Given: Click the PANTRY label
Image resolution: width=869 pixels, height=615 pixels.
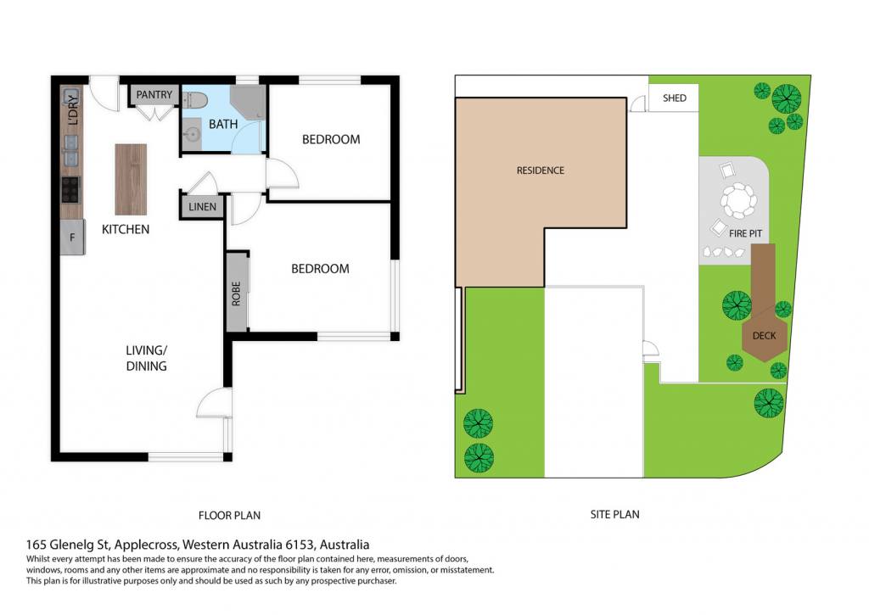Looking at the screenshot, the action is pyautogui.click(x=154, y=95).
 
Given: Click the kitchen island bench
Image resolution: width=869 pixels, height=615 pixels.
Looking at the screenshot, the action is pyautogui.click(x=131, y=180).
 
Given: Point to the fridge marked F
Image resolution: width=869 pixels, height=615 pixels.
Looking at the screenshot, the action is pyautogui.click(x=72, y=238).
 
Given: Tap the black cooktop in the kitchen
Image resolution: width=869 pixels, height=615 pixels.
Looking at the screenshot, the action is pyautogui.click(x=70, y=190).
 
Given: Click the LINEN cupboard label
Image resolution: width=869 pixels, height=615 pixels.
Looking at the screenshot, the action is pyautogui.click(x=202, y=207).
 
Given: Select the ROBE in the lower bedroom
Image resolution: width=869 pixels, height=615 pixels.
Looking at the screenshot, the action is pyautogui.click(x=237, y=294).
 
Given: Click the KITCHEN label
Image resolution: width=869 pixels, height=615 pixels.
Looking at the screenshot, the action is pyautogui.click(x=126, y=229).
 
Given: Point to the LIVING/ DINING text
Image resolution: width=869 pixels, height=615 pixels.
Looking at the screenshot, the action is pyautogui.click(x=146, y=358).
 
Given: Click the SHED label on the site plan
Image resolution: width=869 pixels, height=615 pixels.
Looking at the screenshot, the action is pyautogui.click(x=675, y=98).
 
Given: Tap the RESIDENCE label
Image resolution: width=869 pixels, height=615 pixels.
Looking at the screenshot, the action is pyautogui.click(x=541, y=171).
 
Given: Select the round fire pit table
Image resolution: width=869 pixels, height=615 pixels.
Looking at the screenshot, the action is pyautogui.click(x=738, y=201).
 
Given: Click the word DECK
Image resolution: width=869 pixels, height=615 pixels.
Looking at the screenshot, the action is pyautogui.click(x=765, y=336).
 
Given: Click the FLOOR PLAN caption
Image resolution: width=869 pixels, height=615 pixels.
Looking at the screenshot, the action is pyautogui.click(x=229, y=515).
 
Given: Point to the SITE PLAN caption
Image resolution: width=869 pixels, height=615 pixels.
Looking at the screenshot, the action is pyautogui.click(x=614, y=514).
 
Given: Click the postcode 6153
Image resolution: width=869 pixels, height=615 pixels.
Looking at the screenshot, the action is pyautogui.click(x=300, y=545).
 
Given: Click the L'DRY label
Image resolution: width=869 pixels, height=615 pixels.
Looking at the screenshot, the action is pyautogui.click(x=73, y=109).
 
